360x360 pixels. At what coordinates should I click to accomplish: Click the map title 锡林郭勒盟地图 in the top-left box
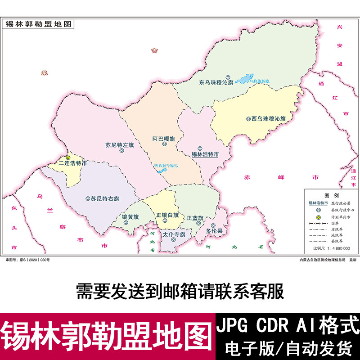point(38,24)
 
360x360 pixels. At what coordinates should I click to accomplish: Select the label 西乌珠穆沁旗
point(269,119)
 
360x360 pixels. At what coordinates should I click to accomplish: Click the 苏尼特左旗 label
point(120,145)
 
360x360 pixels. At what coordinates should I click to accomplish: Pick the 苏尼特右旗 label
point(105,198)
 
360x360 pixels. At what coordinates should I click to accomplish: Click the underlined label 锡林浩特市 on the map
point(205,154)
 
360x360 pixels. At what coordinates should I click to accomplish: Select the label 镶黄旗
point(130,216)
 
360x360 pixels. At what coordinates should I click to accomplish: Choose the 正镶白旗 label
point(167,215)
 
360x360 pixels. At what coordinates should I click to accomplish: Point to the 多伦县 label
point(214,231)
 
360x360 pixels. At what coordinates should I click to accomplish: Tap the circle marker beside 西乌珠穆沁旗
point(248,119)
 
